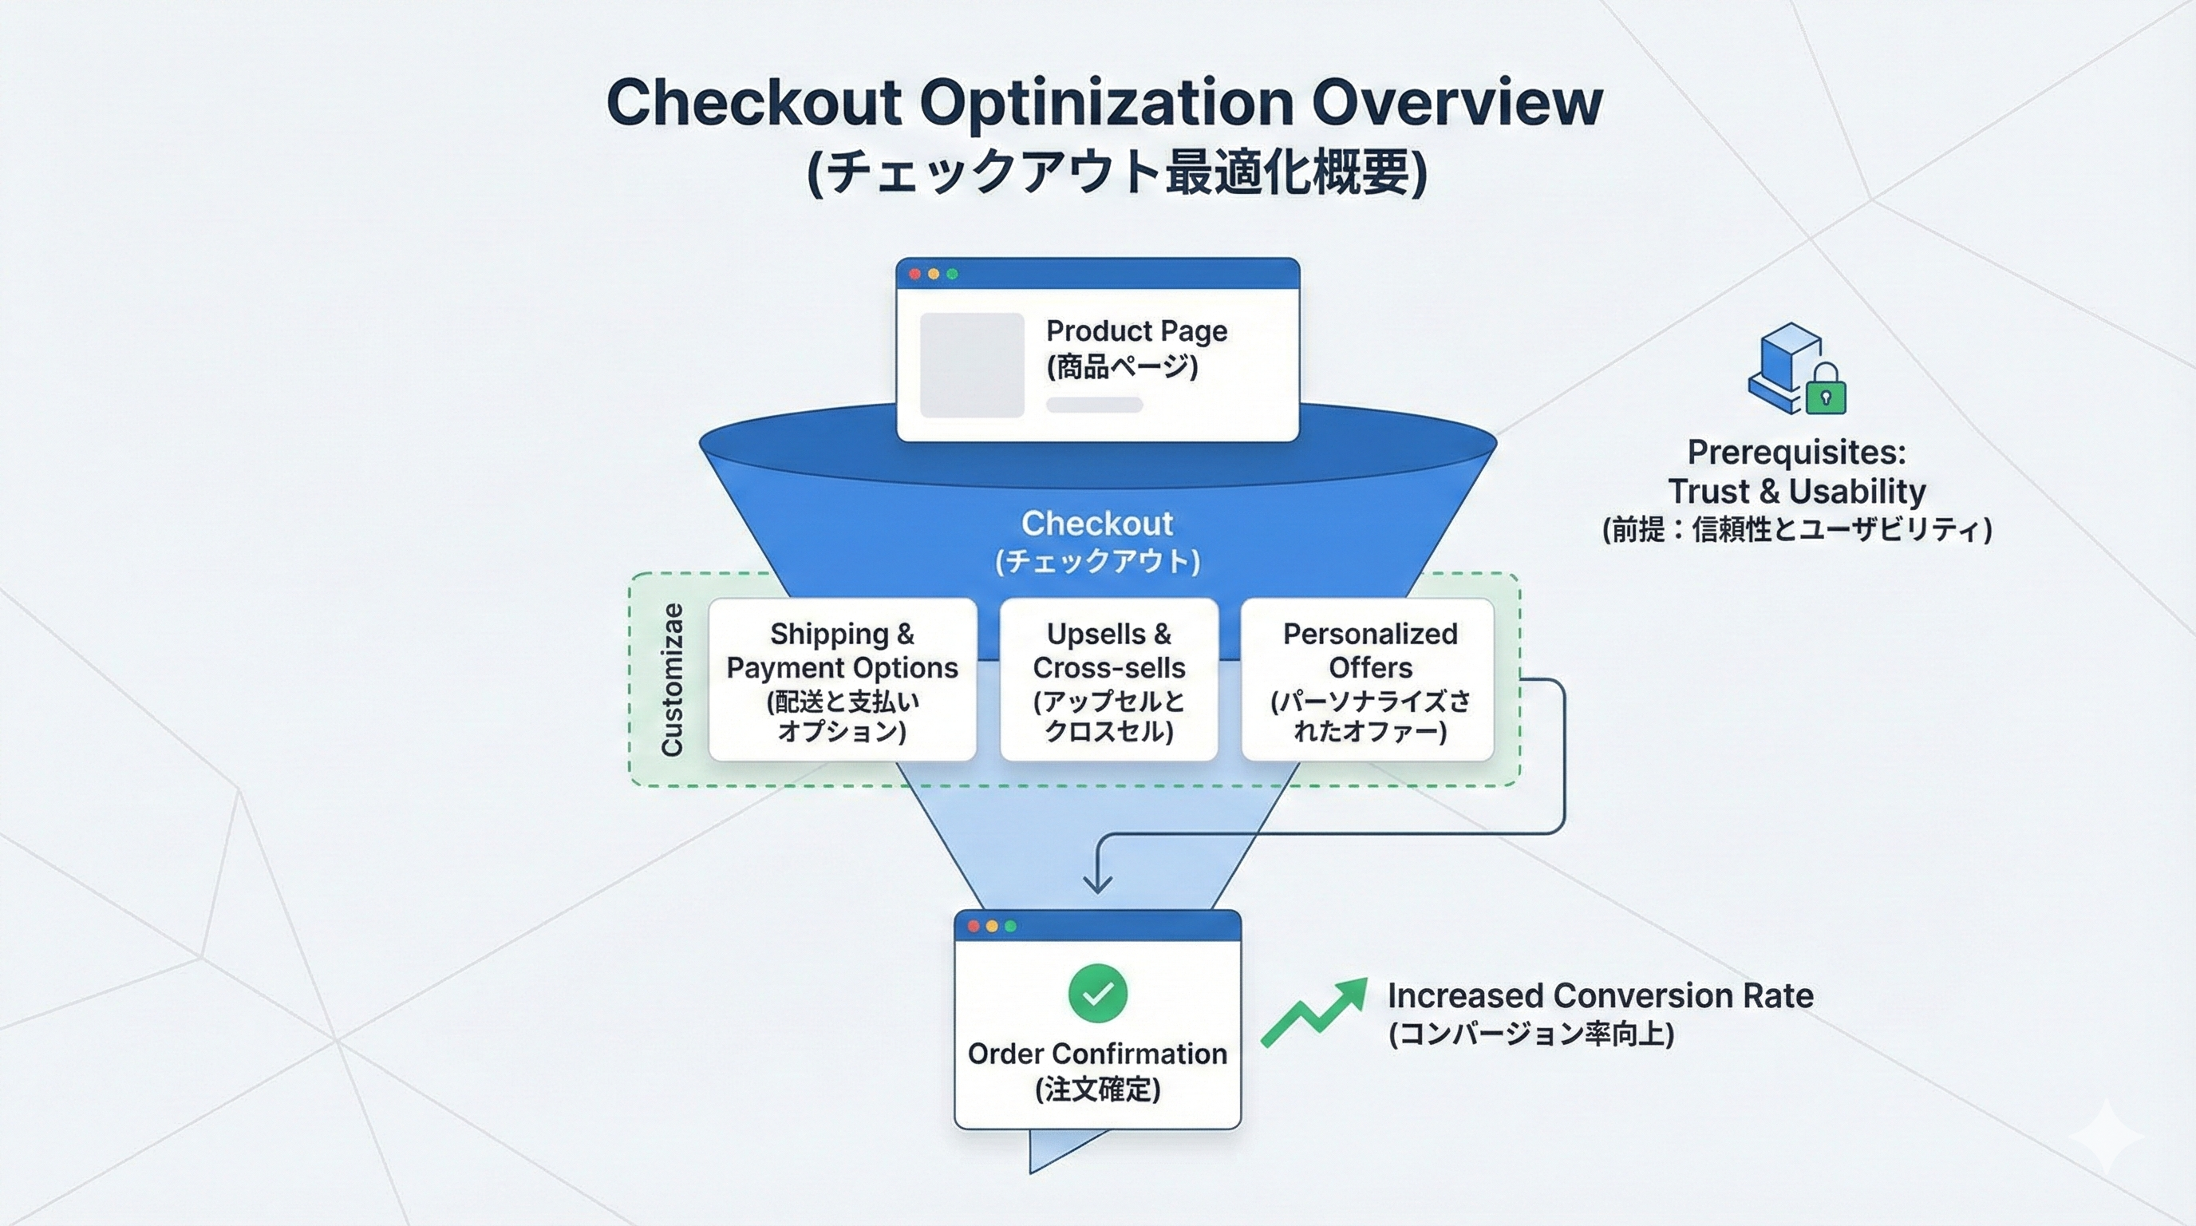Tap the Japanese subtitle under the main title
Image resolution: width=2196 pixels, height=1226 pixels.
coord(1117,173)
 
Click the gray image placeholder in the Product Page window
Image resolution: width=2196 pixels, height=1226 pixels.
coord(972,365)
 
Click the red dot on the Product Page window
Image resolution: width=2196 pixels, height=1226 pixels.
coord(914,274)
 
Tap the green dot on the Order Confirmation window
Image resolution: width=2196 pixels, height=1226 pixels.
coord(1010,926)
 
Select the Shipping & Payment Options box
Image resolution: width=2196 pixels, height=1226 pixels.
coord(843,679)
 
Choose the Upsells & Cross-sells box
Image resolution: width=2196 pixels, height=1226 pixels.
coord(1108,679)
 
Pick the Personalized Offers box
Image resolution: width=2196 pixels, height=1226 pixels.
coord(1369,679)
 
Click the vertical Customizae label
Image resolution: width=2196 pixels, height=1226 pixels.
coord(673,679)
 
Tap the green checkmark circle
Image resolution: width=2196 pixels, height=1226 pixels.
coord(1097,993)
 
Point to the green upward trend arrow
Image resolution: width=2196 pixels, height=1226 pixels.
coord(1313,1013)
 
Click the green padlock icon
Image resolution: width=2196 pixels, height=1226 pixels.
coord(1825,391)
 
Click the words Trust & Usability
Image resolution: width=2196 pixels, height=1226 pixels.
coord(1796,491)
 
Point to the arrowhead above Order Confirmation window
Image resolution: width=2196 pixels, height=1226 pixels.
coord(1097,884)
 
